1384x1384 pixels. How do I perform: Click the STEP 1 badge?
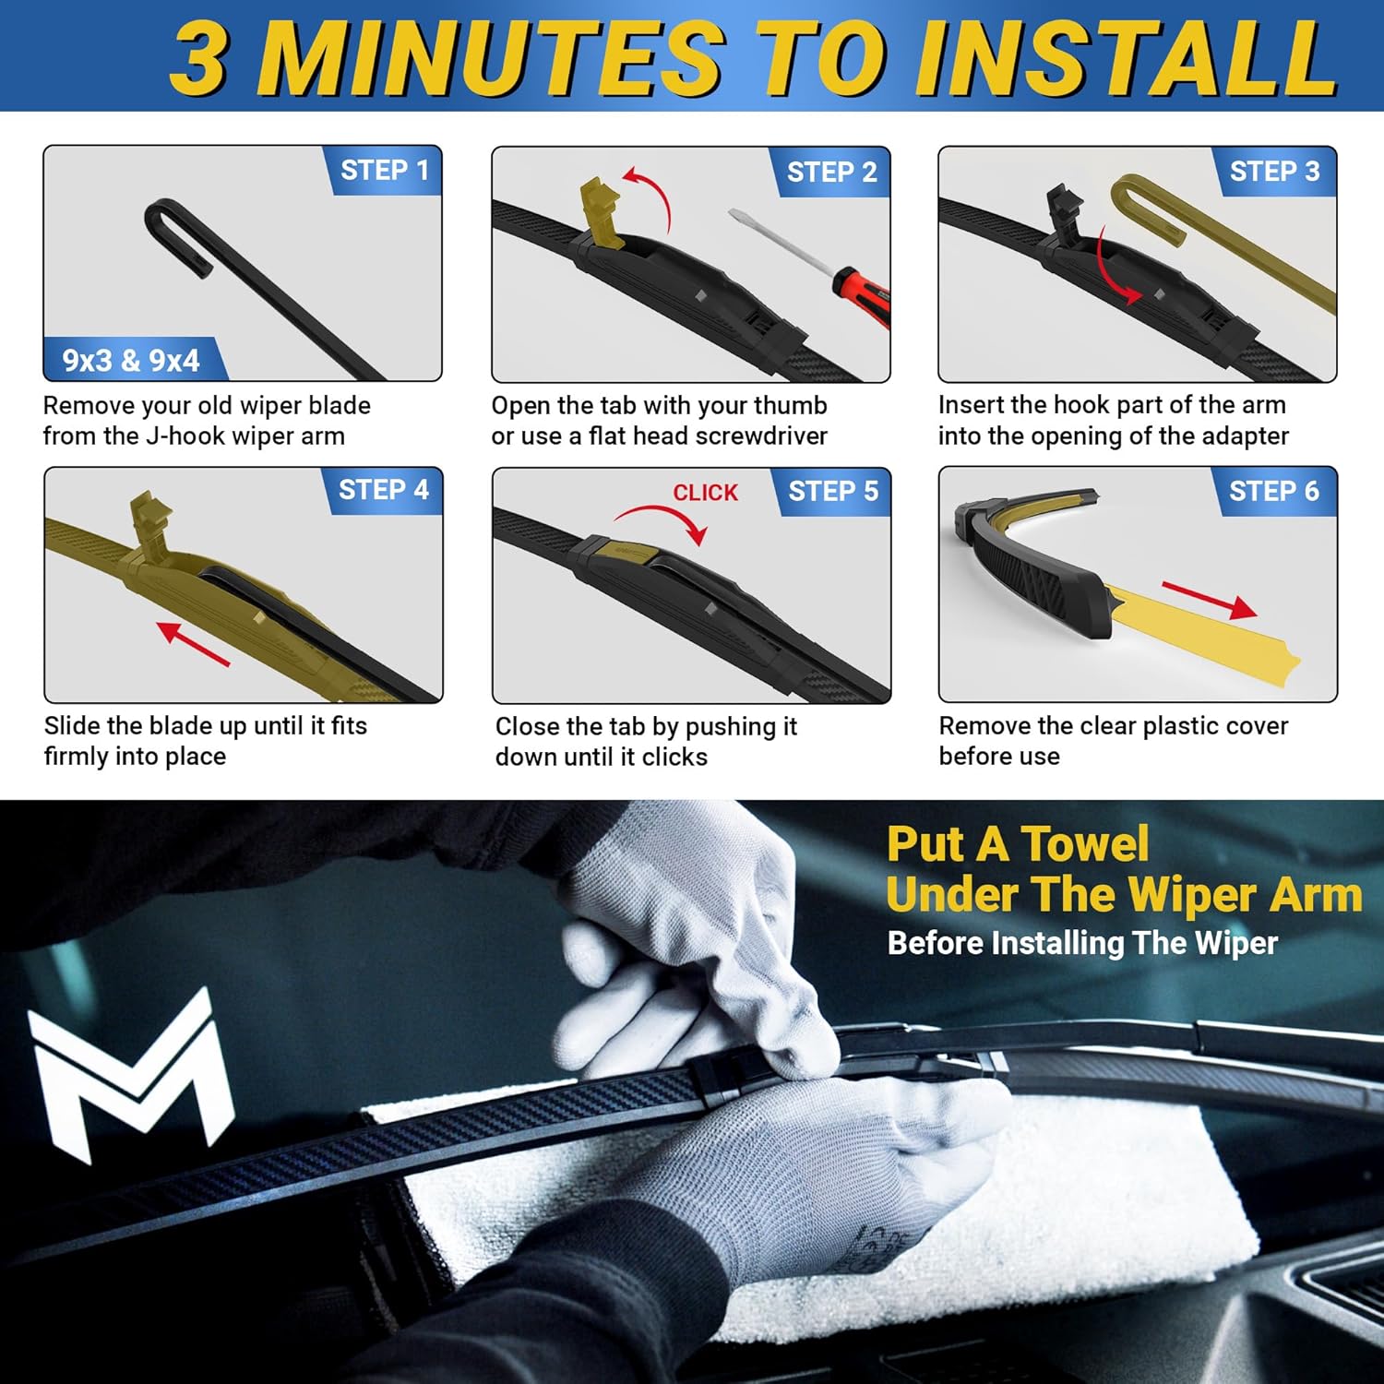point(384,171)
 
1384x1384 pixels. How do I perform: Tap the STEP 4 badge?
point(383,490)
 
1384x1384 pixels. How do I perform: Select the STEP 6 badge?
point(1273,491)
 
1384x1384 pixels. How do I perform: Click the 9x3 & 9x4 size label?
point(130,360)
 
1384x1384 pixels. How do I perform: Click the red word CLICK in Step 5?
point(705,493)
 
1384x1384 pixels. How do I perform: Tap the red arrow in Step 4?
point(193,643)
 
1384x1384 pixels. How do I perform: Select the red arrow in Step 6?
point(1209,599)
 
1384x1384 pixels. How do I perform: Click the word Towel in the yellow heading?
point(1084,843)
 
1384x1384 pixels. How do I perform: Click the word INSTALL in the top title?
point(1126,57)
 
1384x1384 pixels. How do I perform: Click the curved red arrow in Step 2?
point(650,194)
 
